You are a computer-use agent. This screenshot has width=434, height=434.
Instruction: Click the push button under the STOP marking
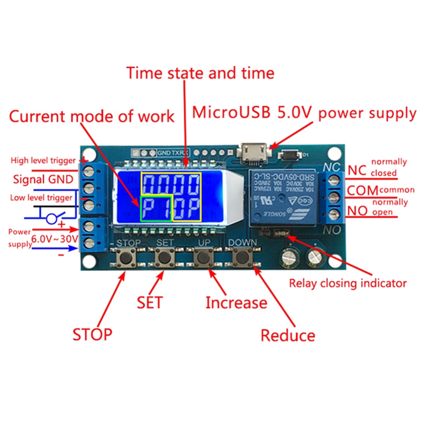pos(127,258)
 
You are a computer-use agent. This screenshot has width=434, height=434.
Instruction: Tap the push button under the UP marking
pos(201,258)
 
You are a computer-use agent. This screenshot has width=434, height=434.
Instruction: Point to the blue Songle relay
pos(283,197)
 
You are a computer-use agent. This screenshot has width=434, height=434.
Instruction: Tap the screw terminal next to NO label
pos(333,214)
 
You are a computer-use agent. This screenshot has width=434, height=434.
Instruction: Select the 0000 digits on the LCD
pos(172,184)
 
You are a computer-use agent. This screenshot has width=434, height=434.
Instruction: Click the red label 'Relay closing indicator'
pos(348,283)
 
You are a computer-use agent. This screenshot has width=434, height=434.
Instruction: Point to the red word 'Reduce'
pos(287,335)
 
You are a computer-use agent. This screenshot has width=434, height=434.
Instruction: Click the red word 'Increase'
pos(236,302)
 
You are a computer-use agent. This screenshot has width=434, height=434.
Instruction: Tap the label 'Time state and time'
pos(200,73)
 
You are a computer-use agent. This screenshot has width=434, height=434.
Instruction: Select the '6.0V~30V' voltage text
pos(55,238)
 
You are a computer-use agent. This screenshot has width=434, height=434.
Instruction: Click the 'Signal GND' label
pos(42,179)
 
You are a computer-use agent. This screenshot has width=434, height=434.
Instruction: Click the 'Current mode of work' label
pos(92,116)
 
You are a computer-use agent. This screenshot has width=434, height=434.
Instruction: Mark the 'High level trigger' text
pos(43,161)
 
